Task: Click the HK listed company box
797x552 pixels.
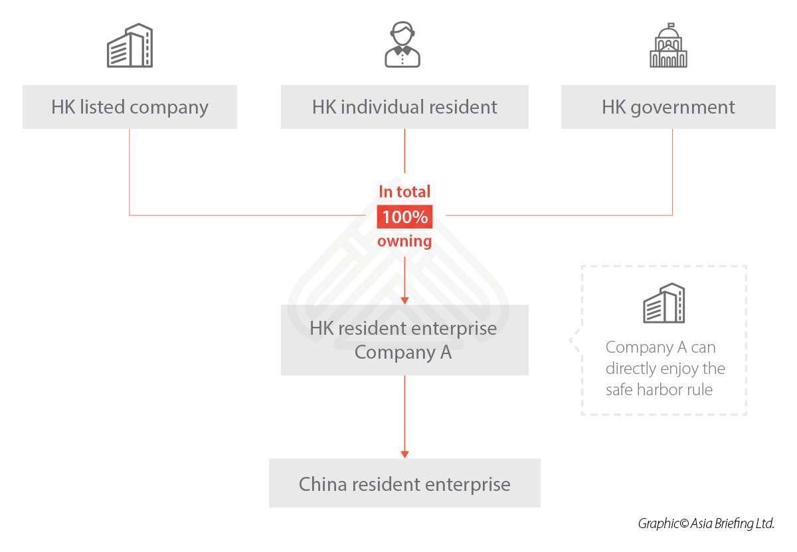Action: tap(130, 107)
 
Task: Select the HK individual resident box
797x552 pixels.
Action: tap(404, 107)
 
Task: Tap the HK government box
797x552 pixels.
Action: tap(668, 107)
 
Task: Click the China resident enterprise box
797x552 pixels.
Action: tap(404, 484)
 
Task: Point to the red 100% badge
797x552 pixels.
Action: tap(404, 217)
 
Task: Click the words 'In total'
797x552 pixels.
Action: tap(404, 192)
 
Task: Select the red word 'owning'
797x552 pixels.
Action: tap(404, 241)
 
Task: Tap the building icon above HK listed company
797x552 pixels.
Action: tap(130, 46)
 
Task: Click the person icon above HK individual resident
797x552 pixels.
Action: tap(402, 45)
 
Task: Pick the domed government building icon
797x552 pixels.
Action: tap(668, 46)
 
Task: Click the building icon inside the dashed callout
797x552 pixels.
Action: tap(664, 304)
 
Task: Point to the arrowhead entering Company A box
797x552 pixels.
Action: tap(404, 300)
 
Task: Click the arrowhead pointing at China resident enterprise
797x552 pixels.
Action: tap(404, 454)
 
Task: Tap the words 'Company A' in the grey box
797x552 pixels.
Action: tap(403, 352)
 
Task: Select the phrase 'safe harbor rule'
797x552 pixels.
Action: tap(659, 389)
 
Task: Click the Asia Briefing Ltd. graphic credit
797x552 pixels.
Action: tap(706, 523)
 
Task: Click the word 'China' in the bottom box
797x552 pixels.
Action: tap(323, 484)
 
